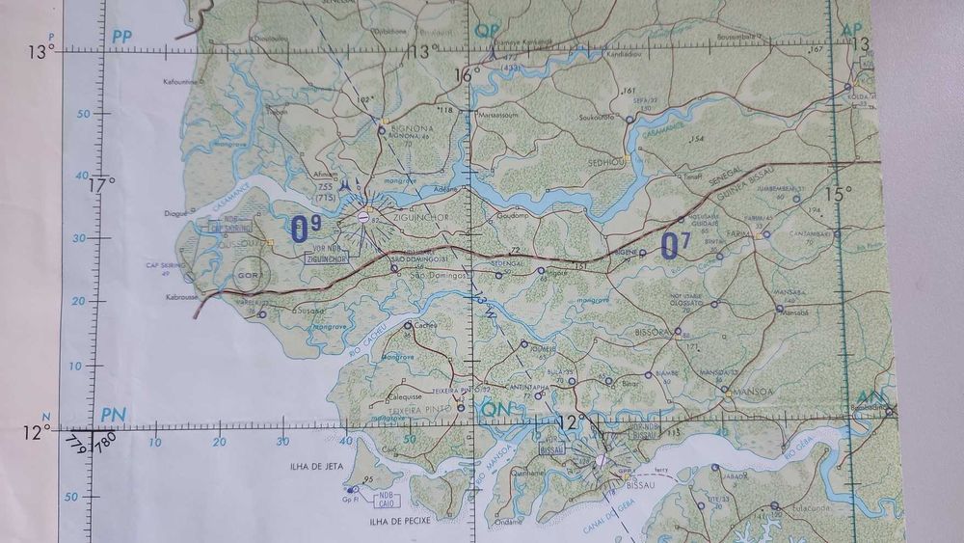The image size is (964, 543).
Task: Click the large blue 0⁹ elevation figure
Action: [x=306, y=229]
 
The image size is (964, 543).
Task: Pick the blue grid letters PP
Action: [x=120, y=37]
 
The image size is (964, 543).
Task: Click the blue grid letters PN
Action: [x=113, y=415]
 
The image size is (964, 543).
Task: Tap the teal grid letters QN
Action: [x=494, y=412]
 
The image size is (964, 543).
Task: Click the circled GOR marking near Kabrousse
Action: [x=249, y=274]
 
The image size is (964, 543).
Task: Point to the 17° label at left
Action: [x=100, y=182]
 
